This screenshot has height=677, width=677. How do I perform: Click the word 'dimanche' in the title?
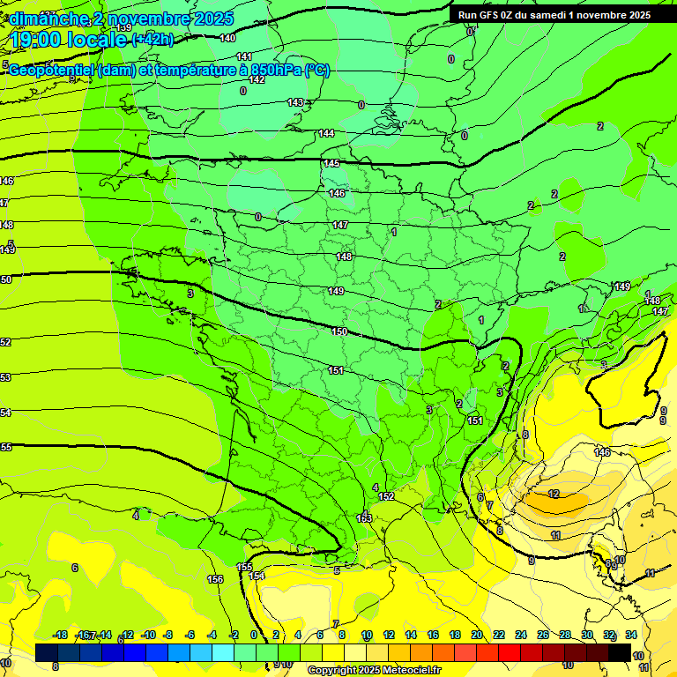coord(46,19)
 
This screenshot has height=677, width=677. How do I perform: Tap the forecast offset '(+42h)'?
coord(153,40)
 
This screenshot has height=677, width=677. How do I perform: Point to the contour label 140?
coord(227,38)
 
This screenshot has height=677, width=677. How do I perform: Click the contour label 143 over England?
coord(295,102)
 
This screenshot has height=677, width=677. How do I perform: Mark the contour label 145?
coord(331,163)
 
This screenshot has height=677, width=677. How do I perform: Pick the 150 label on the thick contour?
coord(338,331)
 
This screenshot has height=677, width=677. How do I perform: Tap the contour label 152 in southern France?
coord(386,497)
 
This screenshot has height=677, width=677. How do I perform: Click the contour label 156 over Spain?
coord(214,579)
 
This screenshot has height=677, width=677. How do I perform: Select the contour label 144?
coord(326,133)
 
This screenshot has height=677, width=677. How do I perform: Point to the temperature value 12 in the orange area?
coord(554,494)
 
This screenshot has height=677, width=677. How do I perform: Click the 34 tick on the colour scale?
coord(631,635)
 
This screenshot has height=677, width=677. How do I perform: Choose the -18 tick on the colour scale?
coord(60,635)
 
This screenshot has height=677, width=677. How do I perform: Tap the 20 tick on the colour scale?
coord(477,635)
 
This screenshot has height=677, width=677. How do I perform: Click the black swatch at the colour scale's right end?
coord(620,652)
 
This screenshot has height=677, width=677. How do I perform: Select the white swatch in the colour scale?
coord(355,652)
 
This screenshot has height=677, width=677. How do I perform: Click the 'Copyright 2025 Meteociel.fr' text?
coord(375,671)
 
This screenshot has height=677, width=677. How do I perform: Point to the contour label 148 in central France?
coord(344,257)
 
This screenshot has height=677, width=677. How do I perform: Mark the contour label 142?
coord(257,79)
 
